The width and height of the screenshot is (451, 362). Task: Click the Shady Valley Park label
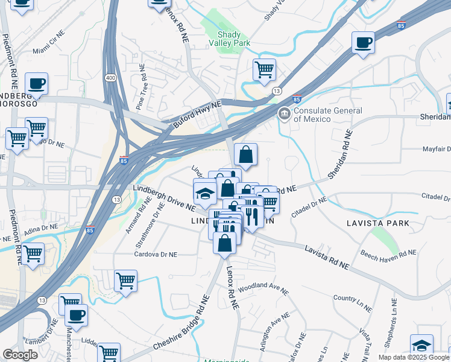click(x=229, y=38)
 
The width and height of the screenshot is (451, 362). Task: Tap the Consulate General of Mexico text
click(x=328, y=115)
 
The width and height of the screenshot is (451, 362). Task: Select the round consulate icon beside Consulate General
click(x=284, y=113)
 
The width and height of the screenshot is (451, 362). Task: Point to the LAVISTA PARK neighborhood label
click(x=378, y=223)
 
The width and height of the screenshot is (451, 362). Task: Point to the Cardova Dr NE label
click(x=156, y=255)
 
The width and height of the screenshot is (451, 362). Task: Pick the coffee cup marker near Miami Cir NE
click(x=37, y=83)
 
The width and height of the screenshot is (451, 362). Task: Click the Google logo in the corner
click(x=20, y=355)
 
